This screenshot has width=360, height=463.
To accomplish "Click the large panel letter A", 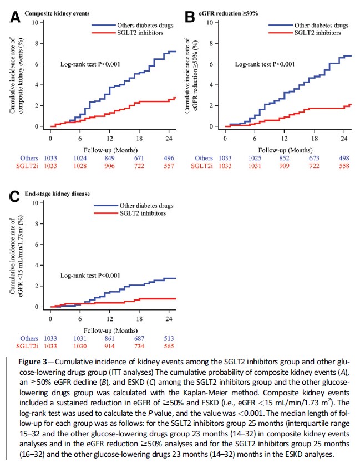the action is tap(15, 17).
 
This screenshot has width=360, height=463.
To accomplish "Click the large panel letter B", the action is tap(190, 17).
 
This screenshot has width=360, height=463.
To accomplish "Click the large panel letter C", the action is tap(14, 197).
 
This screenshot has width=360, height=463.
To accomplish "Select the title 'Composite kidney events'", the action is tap(57, 13).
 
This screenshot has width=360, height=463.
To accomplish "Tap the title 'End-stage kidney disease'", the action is tap(57, 194).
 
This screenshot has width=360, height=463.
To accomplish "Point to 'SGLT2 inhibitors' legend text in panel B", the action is tap(317, 33).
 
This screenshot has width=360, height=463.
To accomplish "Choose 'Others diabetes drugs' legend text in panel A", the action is tap(145, 25).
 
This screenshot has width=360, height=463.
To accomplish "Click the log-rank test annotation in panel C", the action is tap(90, 276).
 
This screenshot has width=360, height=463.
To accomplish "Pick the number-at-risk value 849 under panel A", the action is tap(109, 158).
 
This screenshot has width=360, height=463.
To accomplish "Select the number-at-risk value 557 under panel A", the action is tap(169, 166).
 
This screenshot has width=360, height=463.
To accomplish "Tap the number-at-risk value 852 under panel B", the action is tap(285, 158).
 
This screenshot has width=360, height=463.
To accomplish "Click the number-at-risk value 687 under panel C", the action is tap(139, 338).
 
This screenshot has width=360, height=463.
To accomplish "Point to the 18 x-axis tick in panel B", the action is tap(315, 138).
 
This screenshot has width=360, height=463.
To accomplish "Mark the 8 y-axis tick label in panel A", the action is tap(37, 43).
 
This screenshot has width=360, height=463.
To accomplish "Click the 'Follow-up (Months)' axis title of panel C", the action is tap(110, 330).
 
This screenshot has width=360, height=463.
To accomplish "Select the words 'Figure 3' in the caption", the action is tap(32, 362).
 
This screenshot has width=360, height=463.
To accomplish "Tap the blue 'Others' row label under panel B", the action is tap(204, 158).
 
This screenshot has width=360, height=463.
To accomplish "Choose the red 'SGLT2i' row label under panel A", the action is tap(27, 166).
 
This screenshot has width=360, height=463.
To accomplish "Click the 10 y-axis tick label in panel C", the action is tap(36, 203).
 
